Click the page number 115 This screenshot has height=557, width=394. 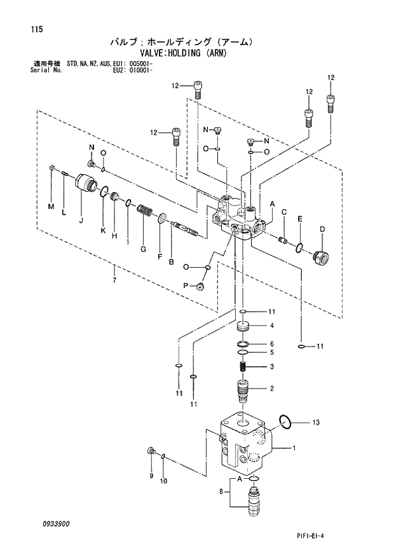(27, 29)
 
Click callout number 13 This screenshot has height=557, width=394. (316, 422)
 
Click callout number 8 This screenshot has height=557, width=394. (221, 492)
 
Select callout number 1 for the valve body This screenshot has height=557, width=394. (294, 448)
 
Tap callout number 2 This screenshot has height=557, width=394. (271, 388)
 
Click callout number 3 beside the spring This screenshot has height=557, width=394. (271, 366)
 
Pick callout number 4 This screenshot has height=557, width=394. (271, 326)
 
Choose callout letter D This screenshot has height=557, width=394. (322, 229)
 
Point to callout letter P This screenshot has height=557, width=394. (186, 287)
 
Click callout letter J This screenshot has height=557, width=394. (81, 221)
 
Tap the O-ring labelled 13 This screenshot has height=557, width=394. (285, 420)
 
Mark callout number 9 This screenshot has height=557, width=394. (151, 476)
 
